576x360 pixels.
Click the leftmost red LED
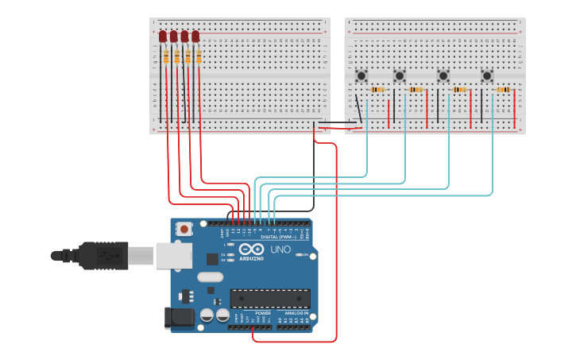tap(163, 37)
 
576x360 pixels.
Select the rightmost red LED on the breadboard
tap(195, 37)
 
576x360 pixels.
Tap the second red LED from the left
tap(174, 37)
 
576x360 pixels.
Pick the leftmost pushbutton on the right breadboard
tap(361, 75)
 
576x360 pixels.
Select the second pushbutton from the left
tap(400, 75)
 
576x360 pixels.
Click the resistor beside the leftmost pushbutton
tap(378, 90)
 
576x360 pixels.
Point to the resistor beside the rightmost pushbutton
tap(502, 90)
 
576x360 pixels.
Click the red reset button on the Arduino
tap(185, 229)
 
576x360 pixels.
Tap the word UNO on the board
tap(280, 250)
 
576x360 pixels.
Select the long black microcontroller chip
tap(270, 298)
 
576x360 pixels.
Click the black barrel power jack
tap(179, 317)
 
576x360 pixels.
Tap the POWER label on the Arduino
tap(263, 313)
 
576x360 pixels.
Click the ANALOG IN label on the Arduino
tap(296, 313)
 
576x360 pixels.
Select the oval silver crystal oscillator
tap(210, 277)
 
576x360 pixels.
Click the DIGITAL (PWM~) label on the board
tap(278, 237)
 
